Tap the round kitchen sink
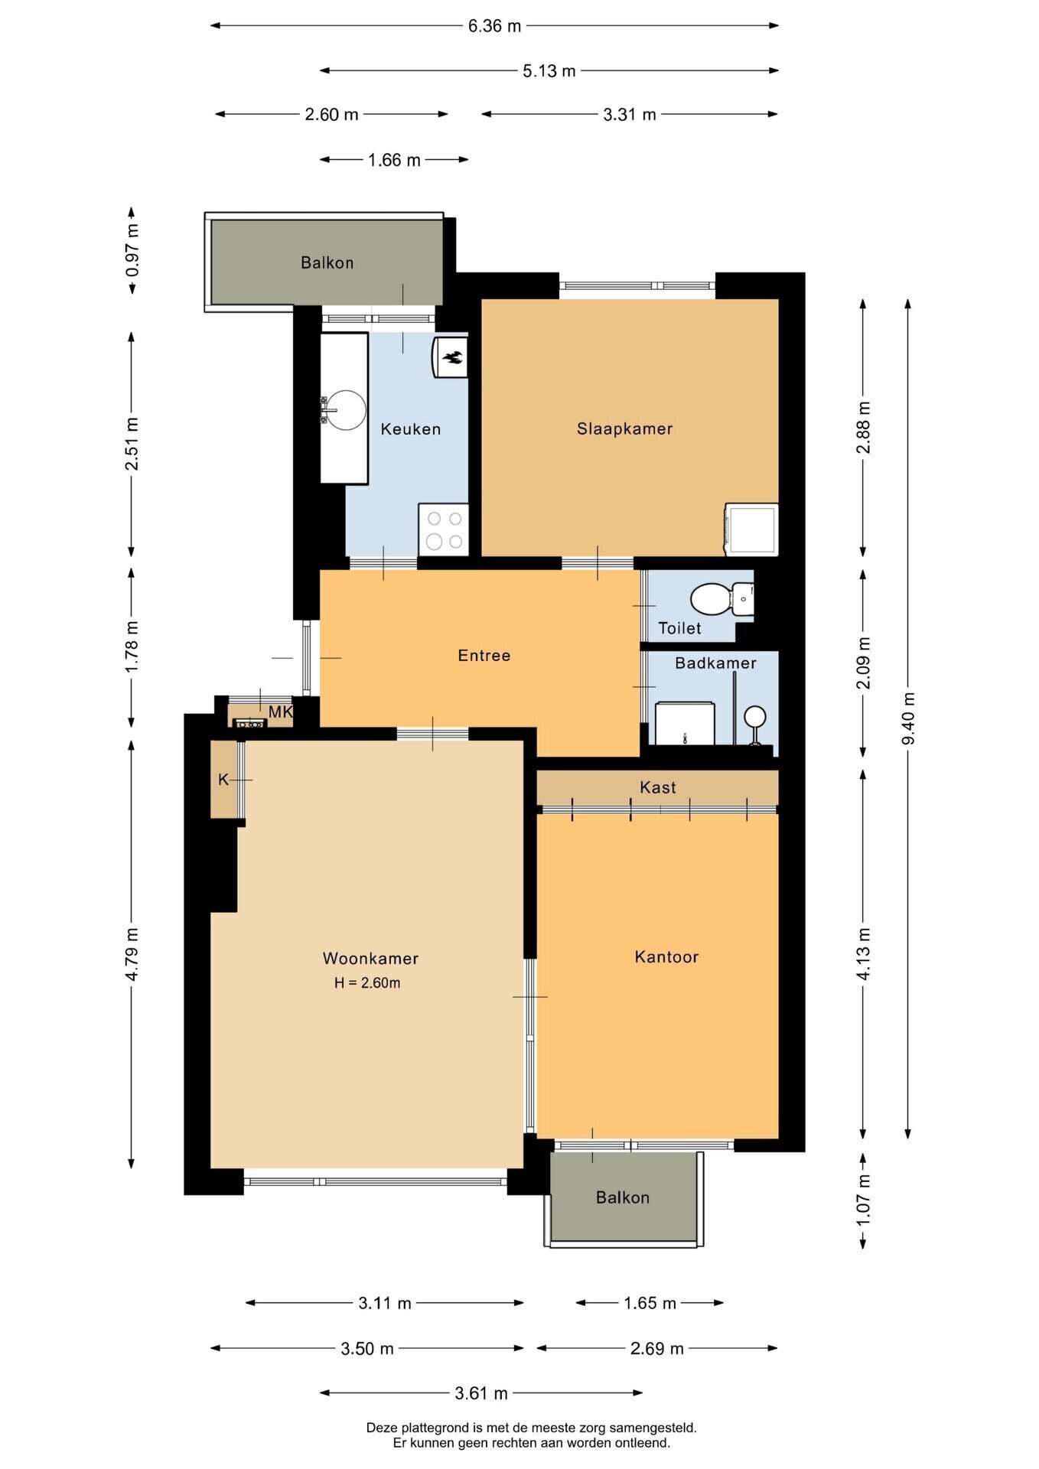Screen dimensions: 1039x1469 coord(346,410)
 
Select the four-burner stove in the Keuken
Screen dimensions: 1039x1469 coord(443,529)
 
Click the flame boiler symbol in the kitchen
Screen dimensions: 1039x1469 coord(451,357)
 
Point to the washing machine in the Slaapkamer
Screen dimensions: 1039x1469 coord(751,529)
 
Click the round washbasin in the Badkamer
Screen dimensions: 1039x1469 coord(756,717)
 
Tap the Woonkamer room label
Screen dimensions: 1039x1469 coord(370,958)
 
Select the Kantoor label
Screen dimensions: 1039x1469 coord(666,956)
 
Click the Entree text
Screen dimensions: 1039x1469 coord(484,655)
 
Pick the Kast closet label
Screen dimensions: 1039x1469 coord(658,787)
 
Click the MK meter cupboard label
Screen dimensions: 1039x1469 coord(281,712)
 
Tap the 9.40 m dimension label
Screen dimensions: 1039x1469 coord(908,718)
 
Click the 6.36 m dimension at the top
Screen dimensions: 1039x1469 coord(494,26)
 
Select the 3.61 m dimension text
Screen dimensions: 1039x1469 coord(481,1393)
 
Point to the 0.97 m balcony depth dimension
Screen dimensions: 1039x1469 coord(132,250)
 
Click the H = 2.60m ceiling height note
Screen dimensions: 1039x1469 coord(367,983)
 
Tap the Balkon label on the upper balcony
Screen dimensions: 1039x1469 coord(327,262)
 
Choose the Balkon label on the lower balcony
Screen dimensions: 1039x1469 coord(623,1197)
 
